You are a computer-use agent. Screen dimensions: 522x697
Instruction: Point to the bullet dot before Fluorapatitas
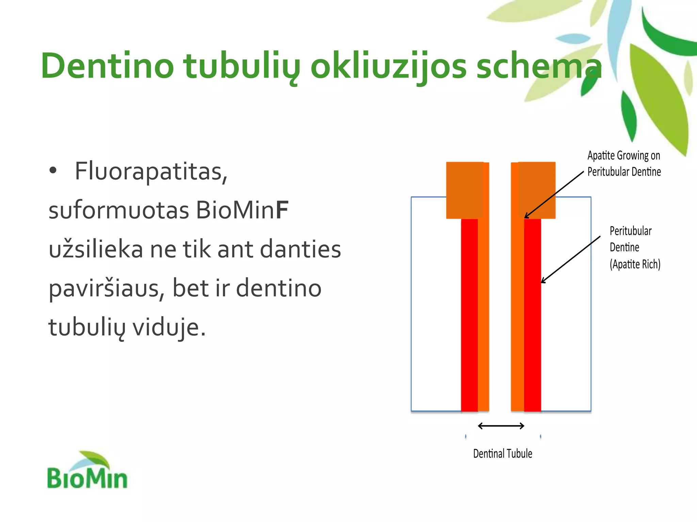click(53, 171)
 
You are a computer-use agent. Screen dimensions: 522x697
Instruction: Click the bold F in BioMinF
click(282, 210)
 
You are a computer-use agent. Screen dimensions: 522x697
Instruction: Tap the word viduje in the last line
click(169, 328)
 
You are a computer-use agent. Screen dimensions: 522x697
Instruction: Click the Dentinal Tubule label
click(502, 454)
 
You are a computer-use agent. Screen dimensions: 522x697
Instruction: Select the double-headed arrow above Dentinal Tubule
click(501, 426)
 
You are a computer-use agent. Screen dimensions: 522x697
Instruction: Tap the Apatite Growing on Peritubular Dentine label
click(624, 163)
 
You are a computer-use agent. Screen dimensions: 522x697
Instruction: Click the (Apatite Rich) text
click(635, 264)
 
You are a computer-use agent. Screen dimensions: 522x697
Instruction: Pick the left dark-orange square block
click(464, 190)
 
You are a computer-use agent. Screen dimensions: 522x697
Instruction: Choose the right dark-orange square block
click(537, 190)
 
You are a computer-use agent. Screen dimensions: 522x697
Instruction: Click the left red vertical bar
click(469, 314)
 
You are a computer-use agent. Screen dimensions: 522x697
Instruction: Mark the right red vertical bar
click(533, 314)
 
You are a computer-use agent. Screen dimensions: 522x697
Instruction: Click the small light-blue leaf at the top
click(573, 38)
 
